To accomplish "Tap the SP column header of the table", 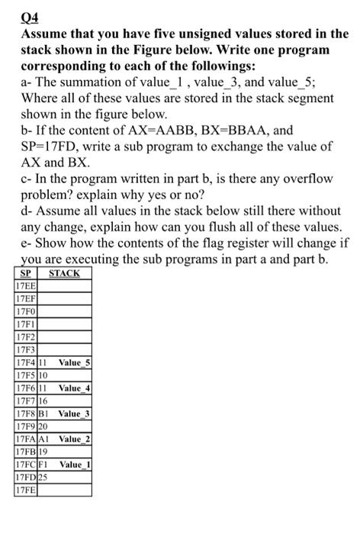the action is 25,273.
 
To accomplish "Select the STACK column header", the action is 64,273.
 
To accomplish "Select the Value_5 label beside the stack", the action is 75,363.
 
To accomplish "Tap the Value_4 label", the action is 75,388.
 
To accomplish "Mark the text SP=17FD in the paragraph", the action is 50,146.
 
